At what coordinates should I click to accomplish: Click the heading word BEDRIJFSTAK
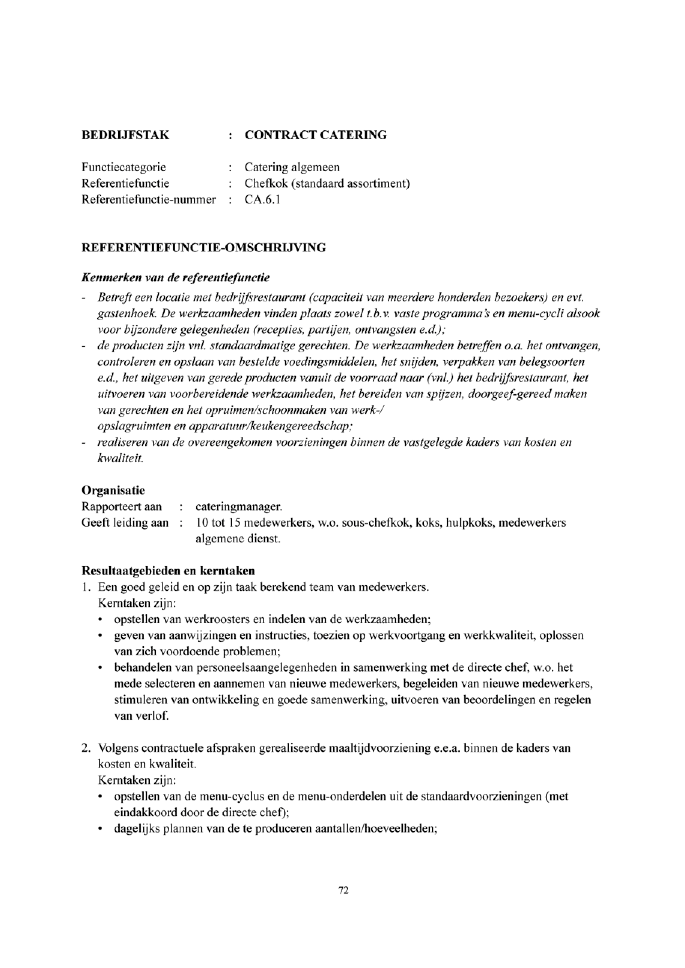click(125, 135)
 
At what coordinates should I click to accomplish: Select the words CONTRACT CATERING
click(316, 135)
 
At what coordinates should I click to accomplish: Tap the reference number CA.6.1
click(262, 199)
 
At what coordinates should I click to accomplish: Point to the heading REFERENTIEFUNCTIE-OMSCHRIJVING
click(204, 248)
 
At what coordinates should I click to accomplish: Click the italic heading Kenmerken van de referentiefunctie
click(176, 278)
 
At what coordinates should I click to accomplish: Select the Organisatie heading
click(113, 490)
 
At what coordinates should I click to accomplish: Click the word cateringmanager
click(239, 506)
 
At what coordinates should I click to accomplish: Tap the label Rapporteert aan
click(122, 506)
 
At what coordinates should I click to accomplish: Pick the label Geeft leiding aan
click(125, 523)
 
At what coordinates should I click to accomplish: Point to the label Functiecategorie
click(124, 167)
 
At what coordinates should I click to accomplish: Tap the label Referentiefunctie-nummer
click(149, 199)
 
